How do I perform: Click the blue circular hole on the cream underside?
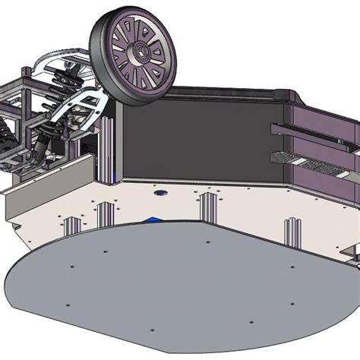160,194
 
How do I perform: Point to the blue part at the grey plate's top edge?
153,220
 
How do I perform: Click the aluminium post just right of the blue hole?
207,207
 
